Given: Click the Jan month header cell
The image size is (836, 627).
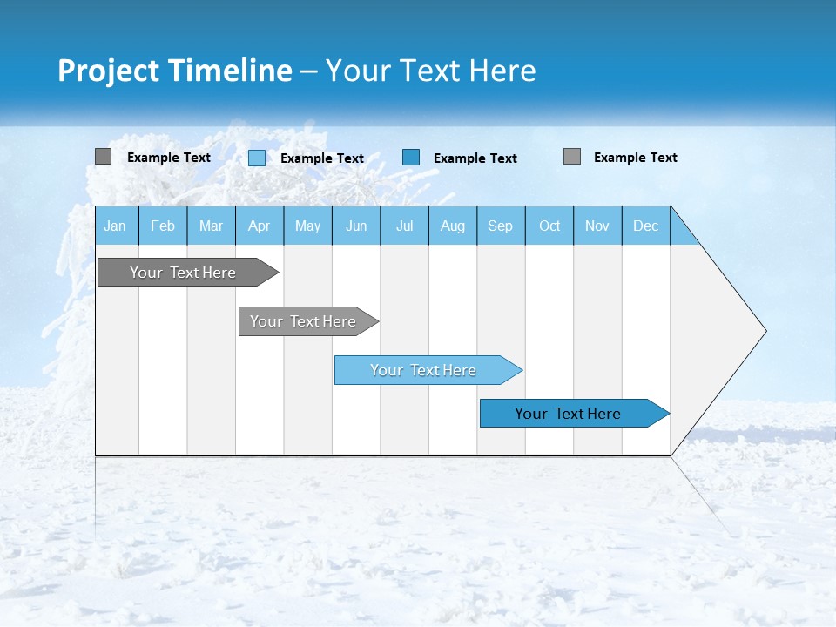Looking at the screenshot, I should (115, 226).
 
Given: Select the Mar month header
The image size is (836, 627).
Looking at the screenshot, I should (211, 226).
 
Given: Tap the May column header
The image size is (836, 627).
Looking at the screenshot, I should (307, 226).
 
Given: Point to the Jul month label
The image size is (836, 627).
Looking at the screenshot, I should (404, 226).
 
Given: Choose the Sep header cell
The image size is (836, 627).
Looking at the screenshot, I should (500, 226).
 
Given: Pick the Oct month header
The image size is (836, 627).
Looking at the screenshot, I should (549, 226).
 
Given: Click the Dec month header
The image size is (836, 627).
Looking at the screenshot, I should (645, 226).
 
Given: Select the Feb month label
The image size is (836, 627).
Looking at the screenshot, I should (163, 226).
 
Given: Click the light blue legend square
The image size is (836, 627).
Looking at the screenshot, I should (257, 158).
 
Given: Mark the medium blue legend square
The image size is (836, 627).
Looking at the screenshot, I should (411, 158).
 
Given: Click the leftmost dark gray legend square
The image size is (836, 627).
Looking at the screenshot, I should (104, 157).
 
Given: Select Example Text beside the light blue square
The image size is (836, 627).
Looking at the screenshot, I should (321, 158).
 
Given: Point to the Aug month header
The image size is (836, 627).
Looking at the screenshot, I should (452, 226).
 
